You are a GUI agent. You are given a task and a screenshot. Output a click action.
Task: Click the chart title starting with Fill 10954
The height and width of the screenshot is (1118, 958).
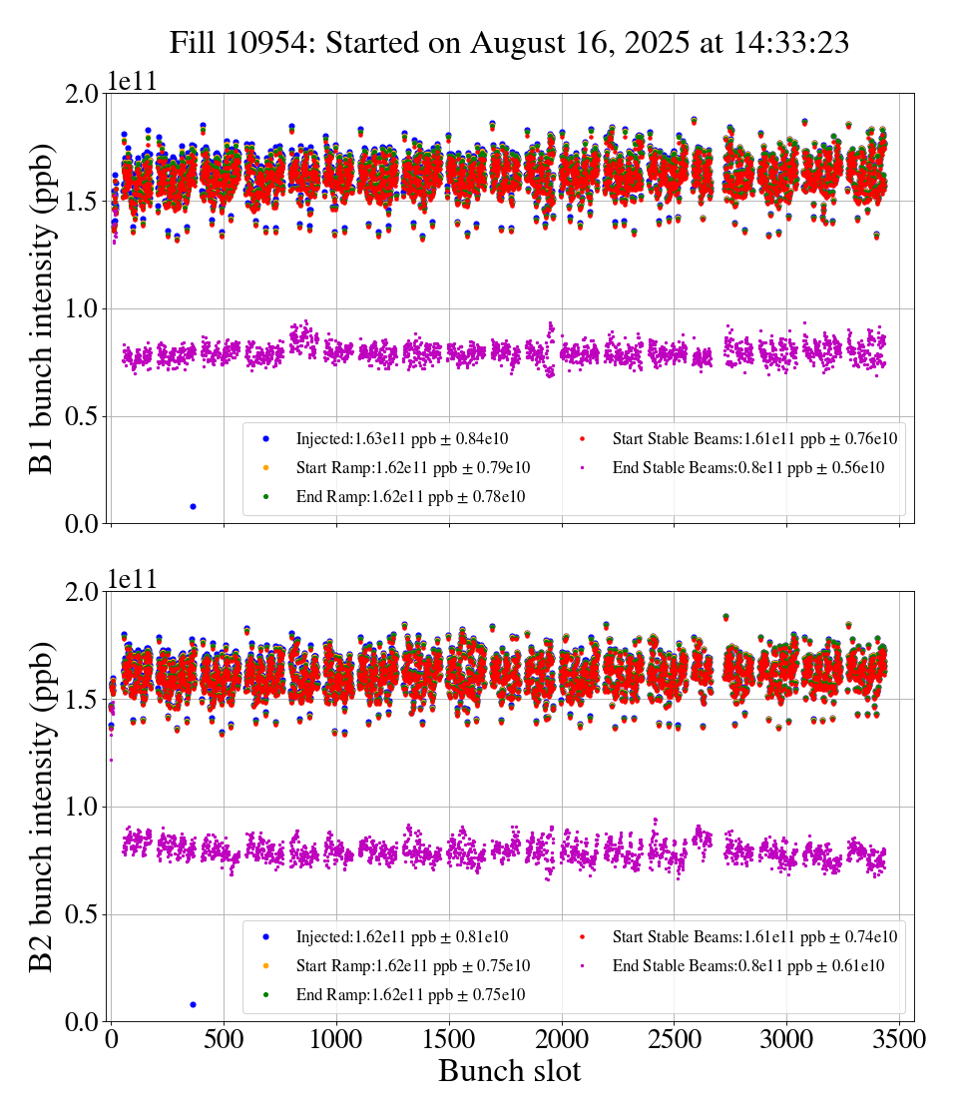click(509, 42)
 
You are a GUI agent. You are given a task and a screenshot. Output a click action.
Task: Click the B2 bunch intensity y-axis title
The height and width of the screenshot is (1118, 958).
click(42, 807)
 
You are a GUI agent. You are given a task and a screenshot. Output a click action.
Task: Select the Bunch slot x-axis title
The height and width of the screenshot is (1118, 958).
click(509, 1072)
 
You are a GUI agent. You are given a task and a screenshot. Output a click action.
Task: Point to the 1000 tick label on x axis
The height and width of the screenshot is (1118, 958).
click(336, 1040)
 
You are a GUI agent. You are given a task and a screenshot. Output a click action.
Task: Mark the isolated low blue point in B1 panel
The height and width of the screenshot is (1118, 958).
click(193, 506)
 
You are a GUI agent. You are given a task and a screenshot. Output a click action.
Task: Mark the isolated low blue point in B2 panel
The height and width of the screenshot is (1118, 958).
click(193, 1004)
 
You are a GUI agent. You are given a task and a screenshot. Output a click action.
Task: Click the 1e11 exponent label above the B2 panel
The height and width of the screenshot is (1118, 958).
click(134, 580)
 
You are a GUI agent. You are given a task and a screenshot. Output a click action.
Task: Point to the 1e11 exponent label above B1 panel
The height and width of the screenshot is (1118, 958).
click(134, 81)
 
